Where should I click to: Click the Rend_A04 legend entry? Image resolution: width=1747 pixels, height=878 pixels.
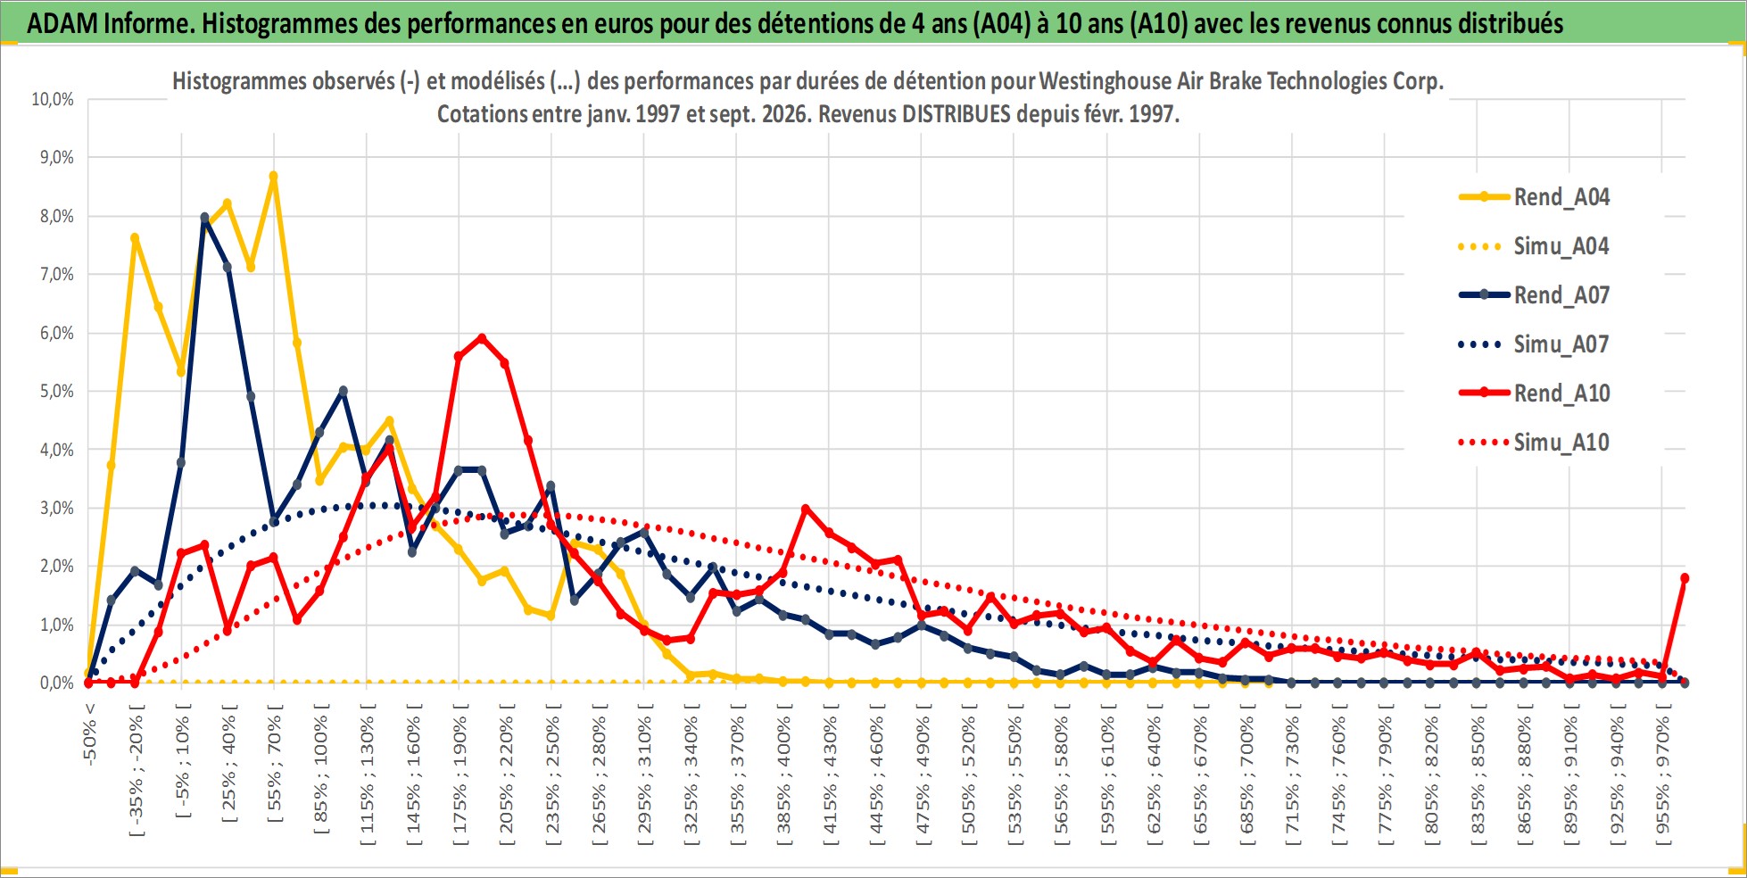pyautogui.click(x=1535, y=197)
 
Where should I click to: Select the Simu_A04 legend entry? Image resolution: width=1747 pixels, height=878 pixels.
pyautogui.click(x=1535, y=246)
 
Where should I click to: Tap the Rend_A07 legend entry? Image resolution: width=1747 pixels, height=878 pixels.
pyautogui.click(x=1535, y=295)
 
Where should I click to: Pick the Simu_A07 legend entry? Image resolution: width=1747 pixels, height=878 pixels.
pyautogui.click(x=1535, y=344)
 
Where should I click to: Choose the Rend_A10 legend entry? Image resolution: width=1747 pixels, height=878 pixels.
pyautogui.click(x=1535, y=393)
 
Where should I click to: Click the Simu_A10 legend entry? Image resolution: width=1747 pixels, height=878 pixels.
pyautogui.click(x=1535, y=443)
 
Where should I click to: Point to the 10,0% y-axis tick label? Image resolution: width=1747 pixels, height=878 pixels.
pyautogui.click(x=53, y=99)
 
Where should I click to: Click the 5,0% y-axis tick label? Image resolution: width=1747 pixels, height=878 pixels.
pyautogui.click(x=56, y=391)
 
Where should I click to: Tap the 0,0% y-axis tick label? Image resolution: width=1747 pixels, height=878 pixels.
pyautogui.click(x=56, y=683)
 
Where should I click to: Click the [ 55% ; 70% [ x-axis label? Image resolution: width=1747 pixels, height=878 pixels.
pyautogui.click(x=274, y=763)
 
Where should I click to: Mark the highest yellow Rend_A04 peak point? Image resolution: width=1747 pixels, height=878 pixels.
pyautogui.click(x=274, y=176)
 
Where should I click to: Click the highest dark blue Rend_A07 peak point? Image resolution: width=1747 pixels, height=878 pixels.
pyautogui.click(x=204, y=217)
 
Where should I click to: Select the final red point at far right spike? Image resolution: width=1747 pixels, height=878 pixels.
pyautogui.click(x=1685, y=578)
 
